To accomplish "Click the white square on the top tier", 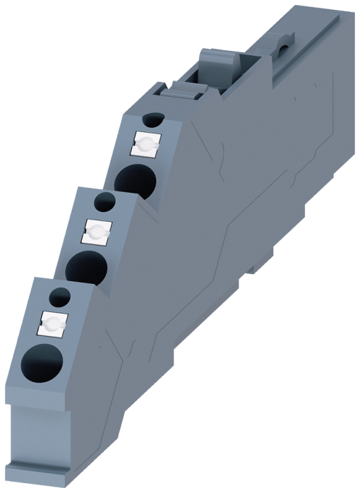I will coord(145,145).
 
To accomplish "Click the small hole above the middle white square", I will coord(104,202).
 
